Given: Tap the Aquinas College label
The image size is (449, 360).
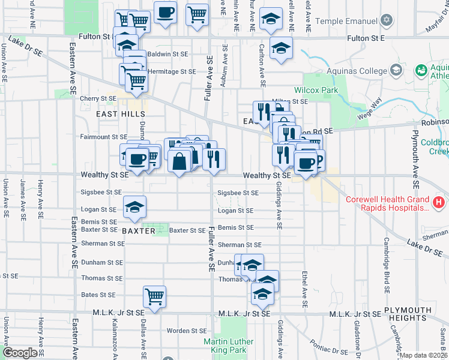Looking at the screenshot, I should [357, 71].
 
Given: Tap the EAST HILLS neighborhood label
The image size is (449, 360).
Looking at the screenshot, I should [120, 113].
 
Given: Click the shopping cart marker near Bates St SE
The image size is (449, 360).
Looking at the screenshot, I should [155, 296].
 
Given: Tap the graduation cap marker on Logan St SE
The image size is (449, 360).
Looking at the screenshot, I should [134, 206].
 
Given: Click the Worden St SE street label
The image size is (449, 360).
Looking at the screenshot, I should [186, 331].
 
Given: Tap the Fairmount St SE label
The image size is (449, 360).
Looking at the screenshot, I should [104, 137].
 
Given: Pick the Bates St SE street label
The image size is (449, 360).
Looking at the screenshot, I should [98, 295].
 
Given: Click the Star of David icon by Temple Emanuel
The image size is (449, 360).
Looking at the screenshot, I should [387, 20].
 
